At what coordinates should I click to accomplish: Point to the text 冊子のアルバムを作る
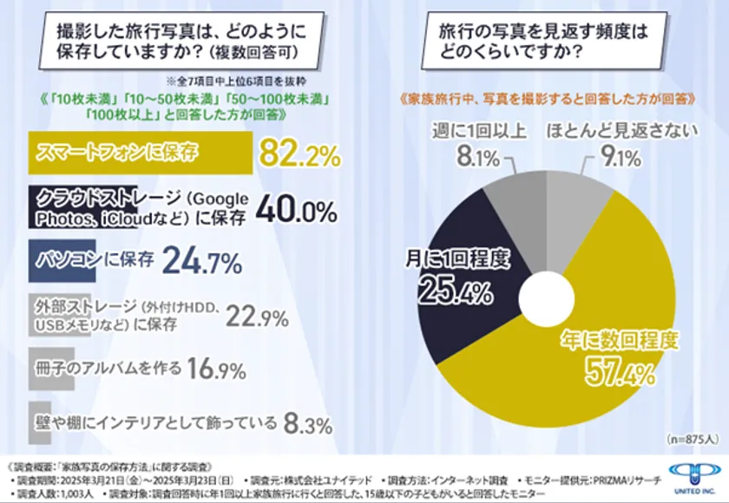tap(107, 368)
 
